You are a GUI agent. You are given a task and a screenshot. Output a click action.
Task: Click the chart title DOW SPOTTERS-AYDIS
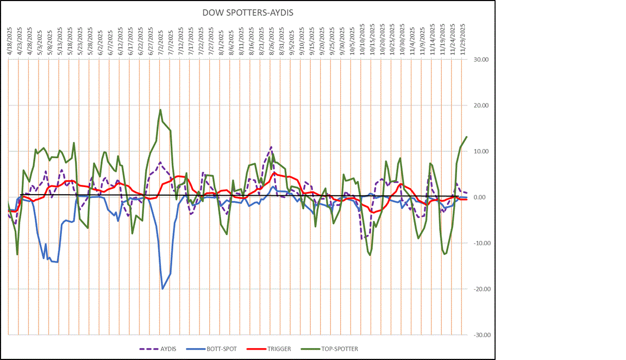[x=247, y=13]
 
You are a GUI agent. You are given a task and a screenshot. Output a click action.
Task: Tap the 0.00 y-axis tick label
[x=482, y=197]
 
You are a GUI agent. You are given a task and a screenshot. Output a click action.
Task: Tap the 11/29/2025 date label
[x=462, y=38]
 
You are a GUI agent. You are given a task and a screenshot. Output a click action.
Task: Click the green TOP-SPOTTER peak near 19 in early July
[x=160, y=109]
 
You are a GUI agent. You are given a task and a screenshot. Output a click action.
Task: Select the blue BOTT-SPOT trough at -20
[x=162, y=289]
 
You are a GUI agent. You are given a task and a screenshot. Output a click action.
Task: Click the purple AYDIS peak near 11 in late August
[x=271, y=147]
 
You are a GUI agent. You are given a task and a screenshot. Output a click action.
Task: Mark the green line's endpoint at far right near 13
[x=466, y=136]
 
